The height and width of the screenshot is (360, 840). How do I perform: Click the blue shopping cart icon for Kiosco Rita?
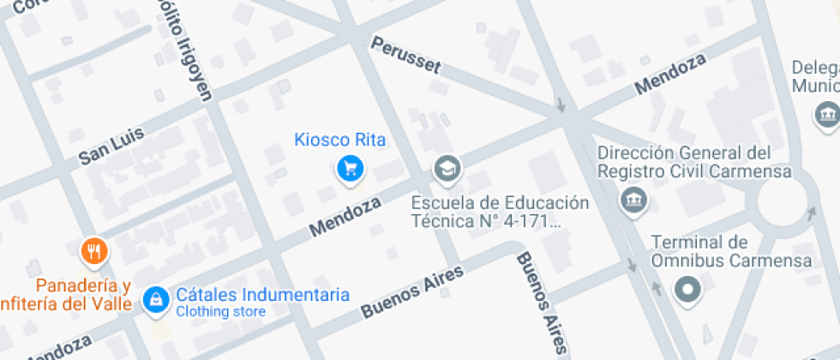click(349, 168)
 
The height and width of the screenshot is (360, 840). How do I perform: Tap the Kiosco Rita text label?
click(340, 140)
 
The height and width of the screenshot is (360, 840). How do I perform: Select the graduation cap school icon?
click(446, 168)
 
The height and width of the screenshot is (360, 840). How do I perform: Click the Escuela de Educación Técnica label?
click(500, 213)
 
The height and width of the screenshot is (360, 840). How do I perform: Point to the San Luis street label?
click(112, 147)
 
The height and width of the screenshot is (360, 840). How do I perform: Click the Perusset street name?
click(405, 53)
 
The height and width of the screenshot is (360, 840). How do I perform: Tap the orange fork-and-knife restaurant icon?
click(93, 251)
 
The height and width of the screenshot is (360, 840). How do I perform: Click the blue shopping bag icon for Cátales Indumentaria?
click(156, 298)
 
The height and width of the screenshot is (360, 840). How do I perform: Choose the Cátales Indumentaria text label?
click(262, 294)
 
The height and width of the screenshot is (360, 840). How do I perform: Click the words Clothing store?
click(220, 312)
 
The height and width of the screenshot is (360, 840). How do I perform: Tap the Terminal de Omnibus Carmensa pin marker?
click(687, 291)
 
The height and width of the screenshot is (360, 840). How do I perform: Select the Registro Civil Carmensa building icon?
click(634, 200)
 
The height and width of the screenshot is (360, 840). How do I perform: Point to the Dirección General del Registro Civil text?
click(684, 162)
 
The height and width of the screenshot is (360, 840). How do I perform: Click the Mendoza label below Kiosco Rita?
click(345, 217)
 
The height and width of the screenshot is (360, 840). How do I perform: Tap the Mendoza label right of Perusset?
click(670, 75)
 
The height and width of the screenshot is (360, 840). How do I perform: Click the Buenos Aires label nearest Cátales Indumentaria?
click(412, 292)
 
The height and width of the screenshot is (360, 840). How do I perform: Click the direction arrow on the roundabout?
click(810, 209)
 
